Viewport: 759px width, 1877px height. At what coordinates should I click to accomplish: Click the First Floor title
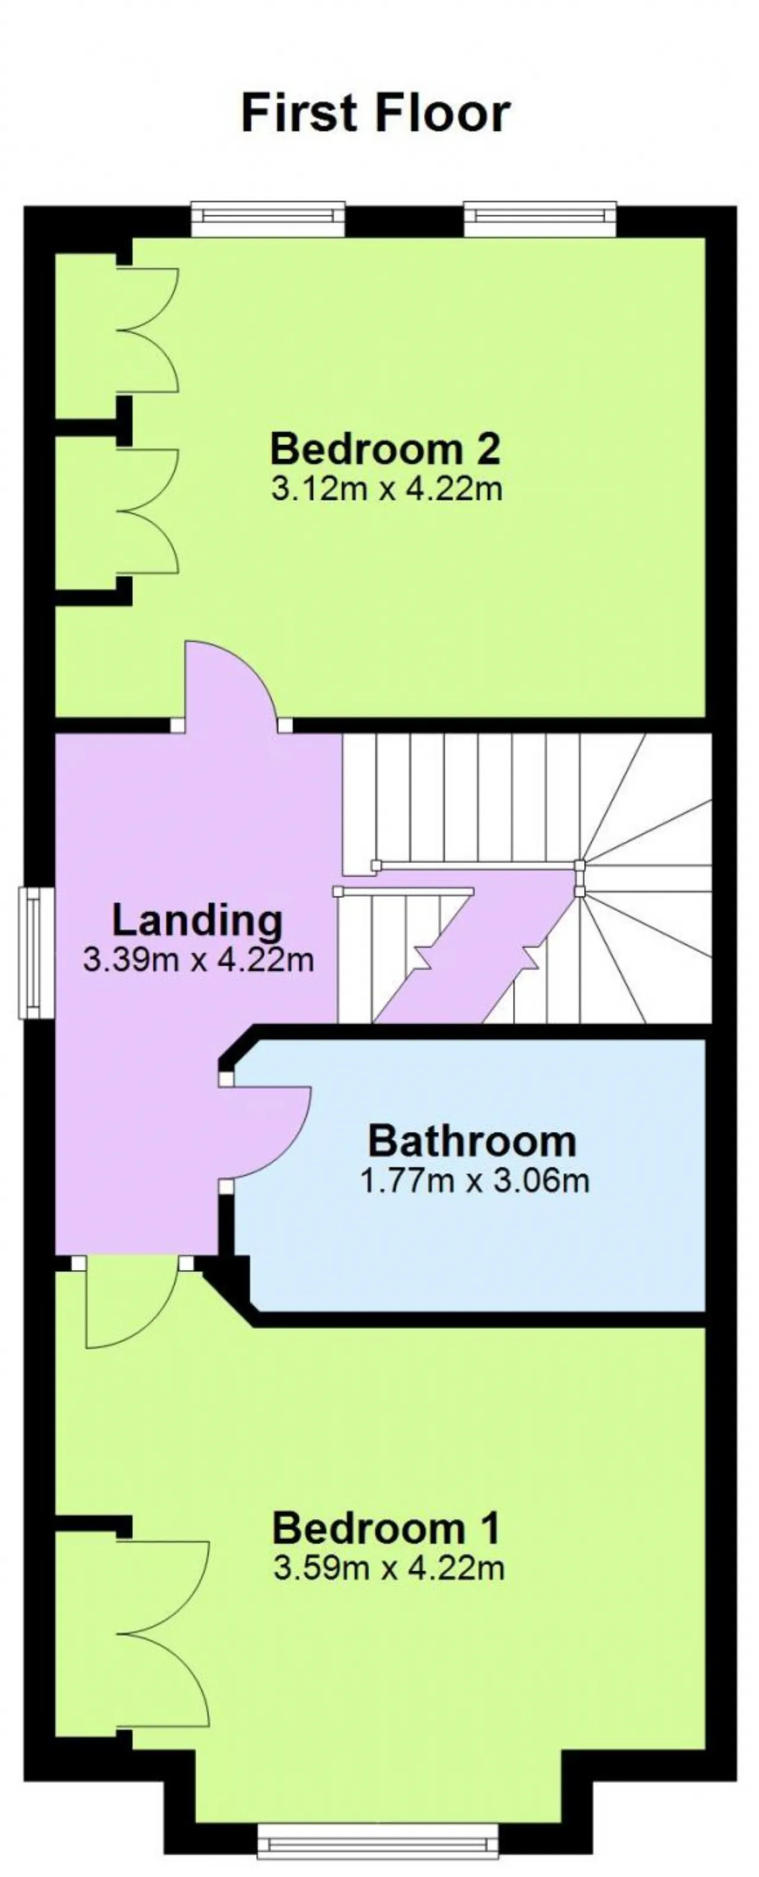tap(375, 113)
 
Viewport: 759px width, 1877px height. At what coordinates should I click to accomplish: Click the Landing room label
tap(197, 921)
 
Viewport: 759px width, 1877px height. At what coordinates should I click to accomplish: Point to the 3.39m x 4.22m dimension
tap(198, 959)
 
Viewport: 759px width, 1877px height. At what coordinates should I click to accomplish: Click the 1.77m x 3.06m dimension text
tap(474, 1179)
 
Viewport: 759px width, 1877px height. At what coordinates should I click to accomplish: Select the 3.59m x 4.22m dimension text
tap(388, 1567)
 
